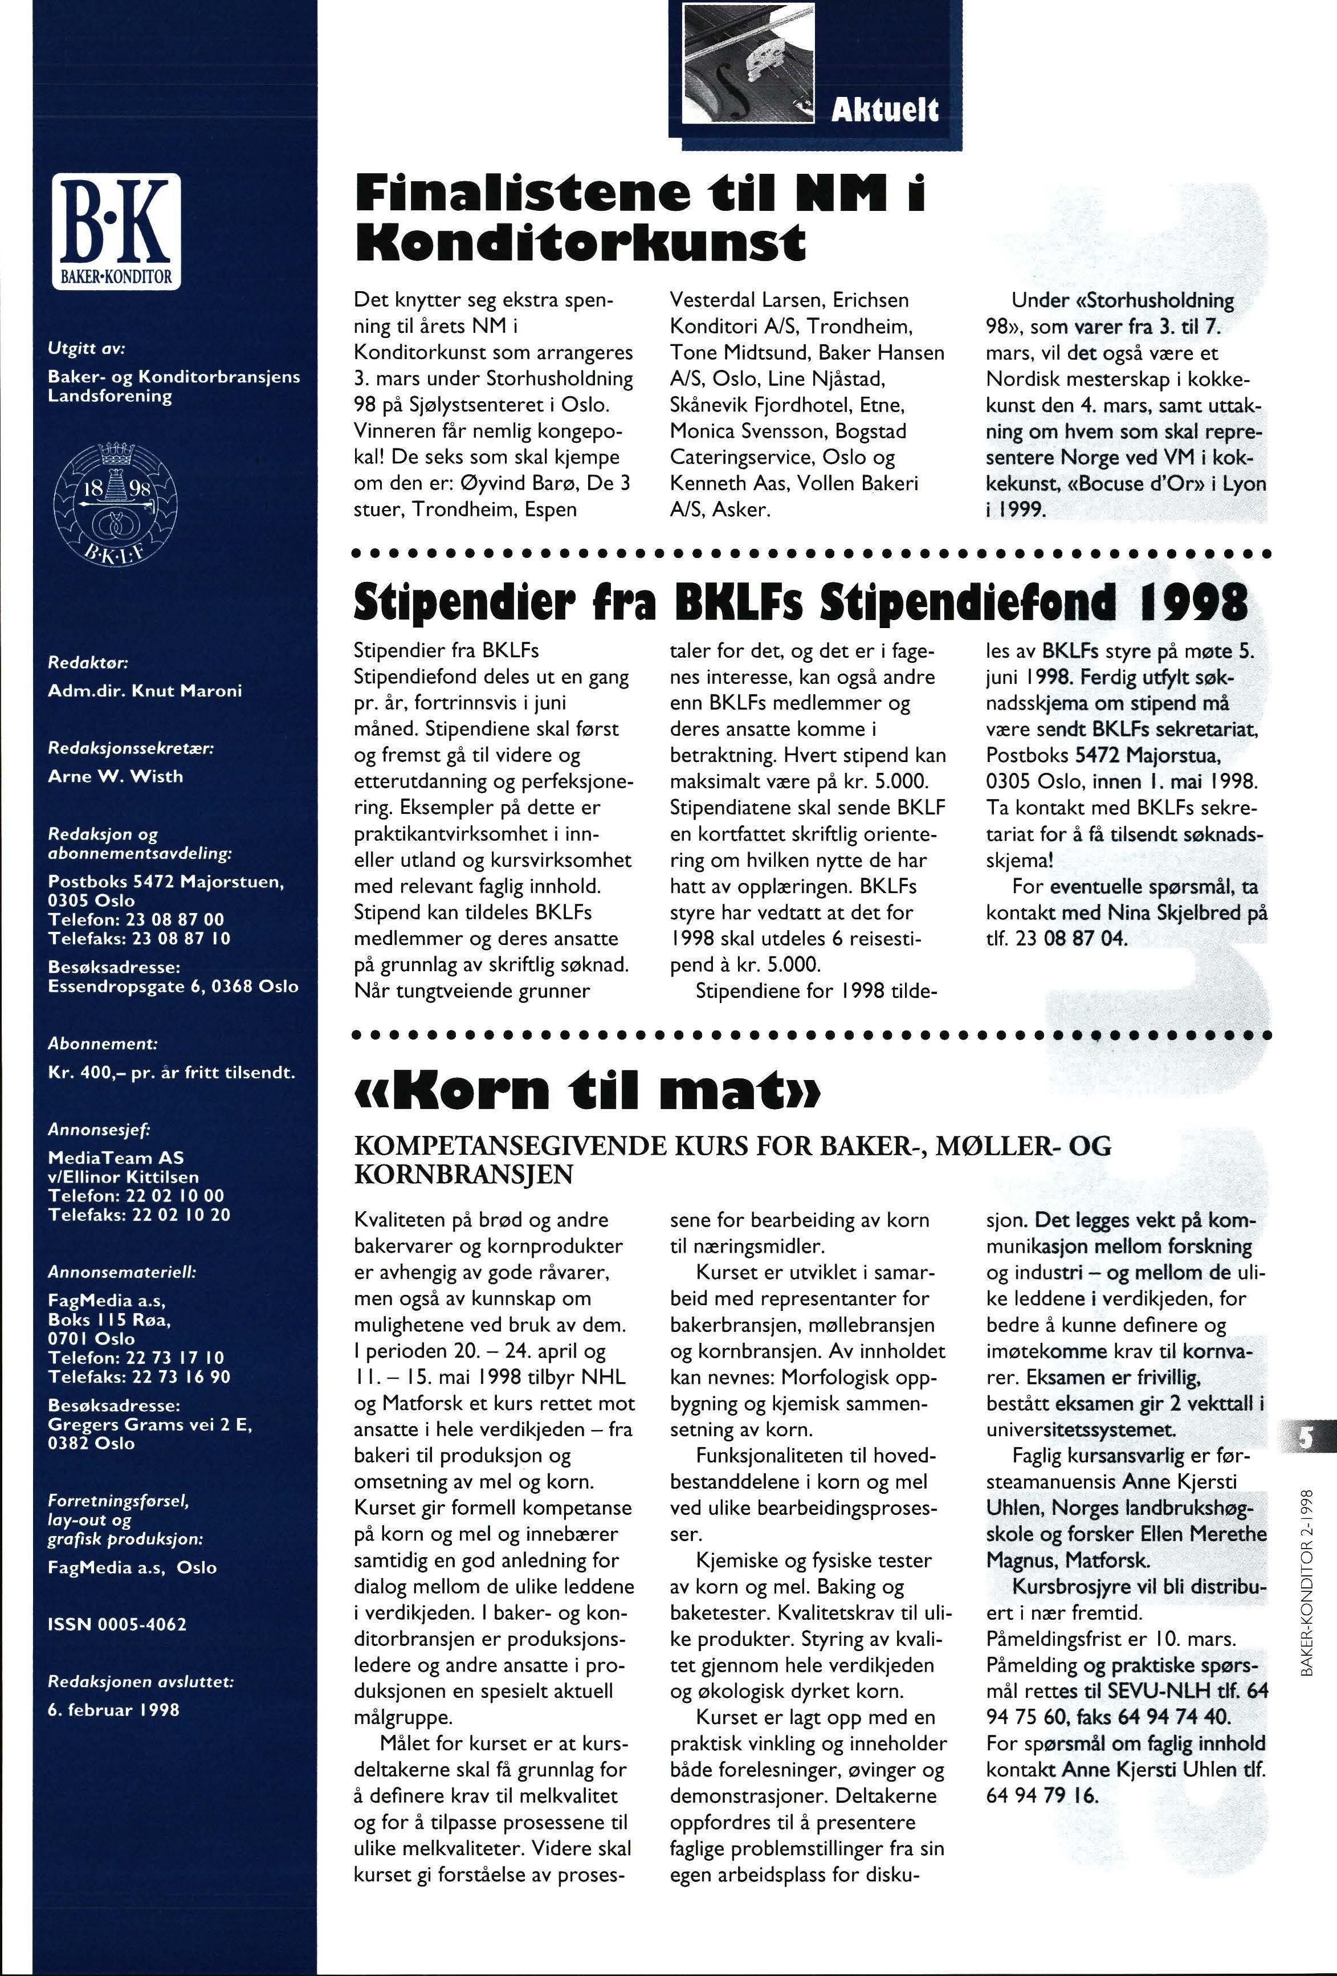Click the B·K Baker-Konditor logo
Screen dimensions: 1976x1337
(x=116, y=230)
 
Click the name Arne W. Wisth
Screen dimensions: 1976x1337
(x=116, y=776)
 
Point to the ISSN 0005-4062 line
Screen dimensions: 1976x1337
(x=117, y=1624)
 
